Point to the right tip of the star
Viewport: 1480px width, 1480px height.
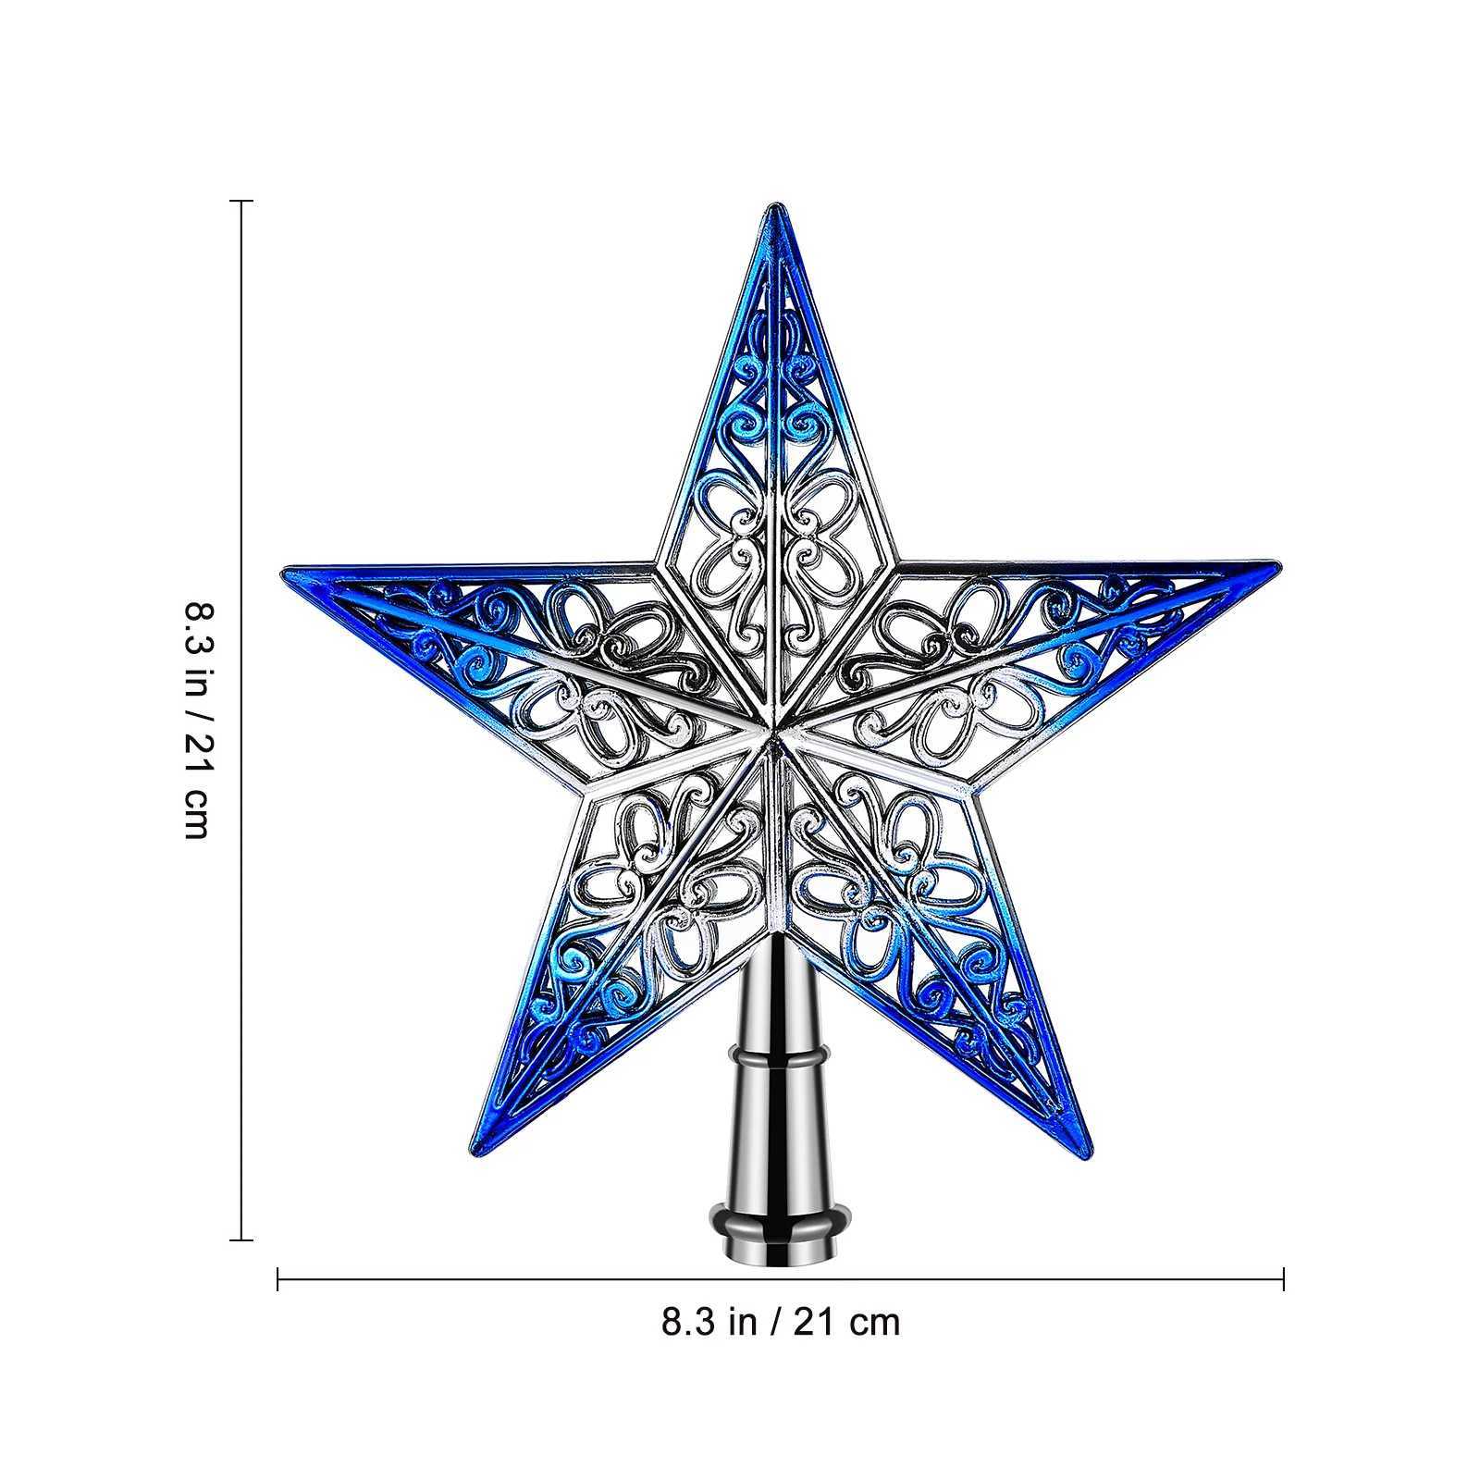[x=1279, y=562]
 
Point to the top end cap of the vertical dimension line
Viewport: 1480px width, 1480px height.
[x=241, y=201]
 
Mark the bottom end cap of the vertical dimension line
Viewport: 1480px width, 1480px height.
[x=241, y=1239]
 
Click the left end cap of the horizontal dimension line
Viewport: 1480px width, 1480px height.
[x=278, y=1280]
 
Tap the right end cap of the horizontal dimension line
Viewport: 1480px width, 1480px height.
[x=1284, y=1280]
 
